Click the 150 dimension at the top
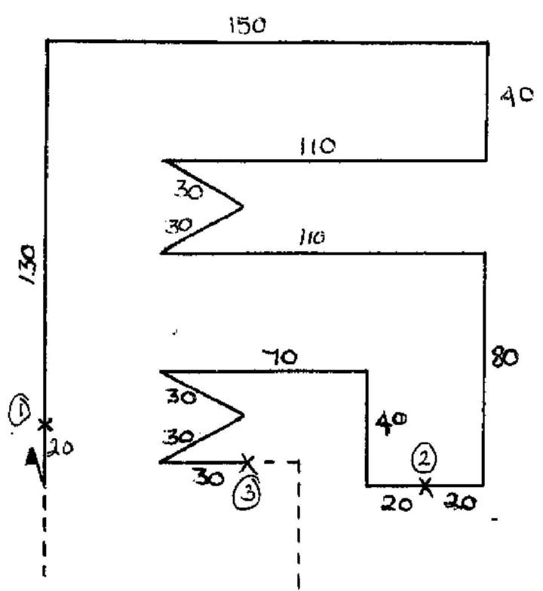tap(247, 26)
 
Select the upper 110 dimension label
tap(317, 146)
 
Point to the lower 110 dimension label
tap(312, 237)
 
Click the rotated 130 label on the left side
tap(27, 265)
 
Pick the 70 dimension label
tap(279, 357)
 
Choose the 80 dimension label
tap(505, 357)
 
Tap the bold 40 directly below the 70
tap(391, 422)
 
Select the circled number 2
tap(425, 459)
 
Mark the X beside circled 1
tap(45, 425)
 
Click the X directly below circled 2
tap(425, 485)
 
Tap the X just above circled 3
tap(247, 463)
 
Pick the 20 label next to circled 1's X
tap(60, 448)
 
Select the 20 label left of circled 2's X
tap(396, 504)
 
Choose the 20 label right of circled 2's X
tap(460, 502)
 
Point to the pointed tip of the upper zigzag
tap(243, 207)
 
